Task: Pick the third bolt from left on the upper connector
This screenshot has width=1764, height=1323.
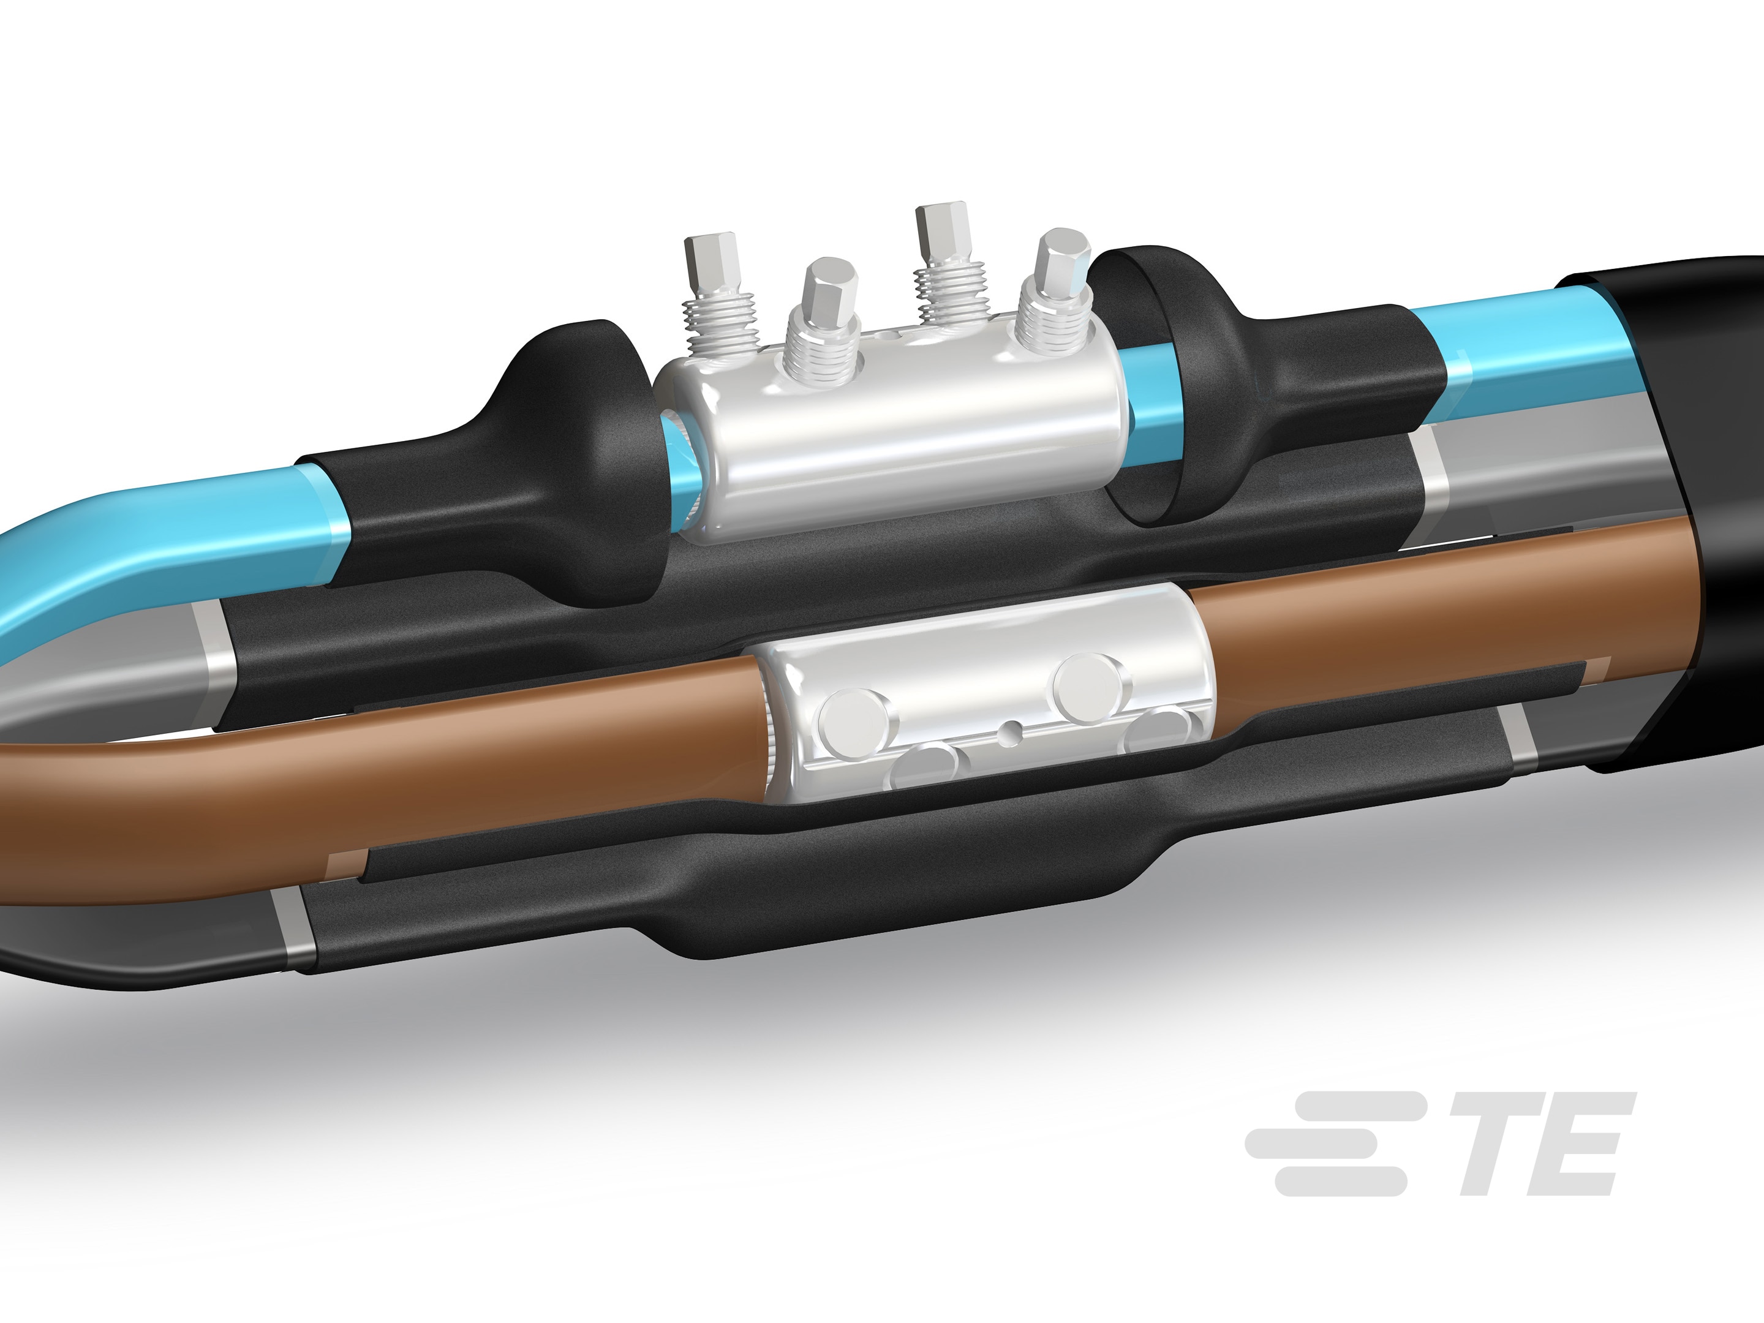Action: [x=945, y=232]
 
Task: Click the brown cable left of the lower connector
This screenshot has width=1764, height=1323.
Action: [x=399, y=766]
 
